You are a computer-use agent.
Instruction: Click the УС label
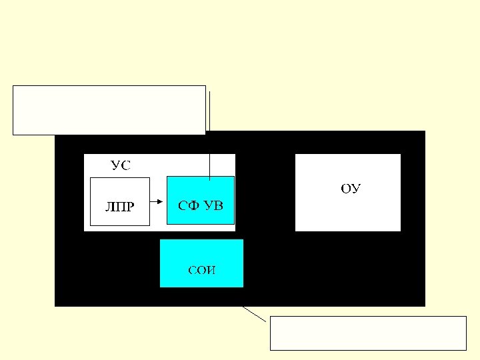pyautogui.click(x=121, y=166)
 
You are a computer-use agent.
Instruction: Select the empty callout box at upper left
pyautogui.click(x=109, y=110)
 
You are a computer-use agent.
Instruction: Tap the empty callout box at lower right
pyautogui.click(x=367, y=333)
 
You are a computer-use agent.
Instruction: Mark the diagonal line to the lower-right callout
pyautogui.click(x=255, y=313)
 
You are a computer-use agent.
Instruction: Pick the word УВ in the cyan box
pyautogui.click(x=214, y=205)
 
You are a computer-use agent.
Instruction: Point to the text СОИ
pyautogui.click(x=202, y=271)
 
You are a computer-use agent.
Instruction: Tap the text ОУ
pyautogui.click(x=351, y=189)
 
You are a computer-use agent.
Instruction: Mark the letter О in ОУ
pyautogui.click(x=346, y=189)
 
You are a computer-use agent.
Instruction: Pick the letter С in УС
pyautogui.click(x=125, y=166)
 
